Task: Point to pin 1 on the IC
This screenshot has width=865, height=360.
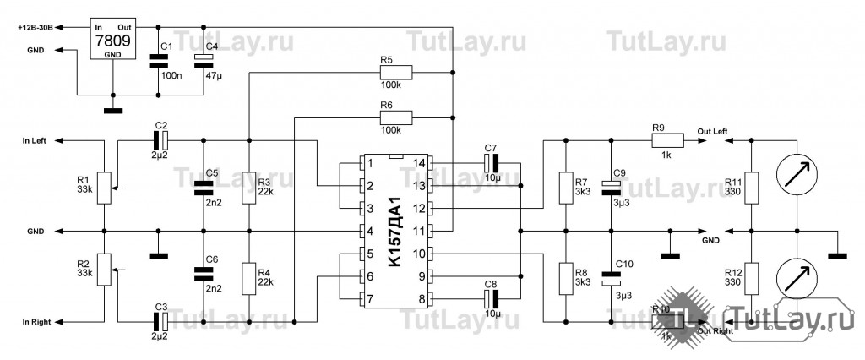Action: coord(368,162)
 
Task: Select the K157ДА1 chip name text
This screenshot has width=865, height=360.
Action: coord(394,231)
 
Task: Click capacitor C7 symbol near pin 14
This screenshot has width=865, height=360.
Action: coord(491,162)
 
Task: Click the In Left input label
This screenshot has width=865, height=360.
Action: coord(34,139)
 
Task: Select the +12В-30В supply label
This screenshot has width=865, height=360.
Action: coord(35,28)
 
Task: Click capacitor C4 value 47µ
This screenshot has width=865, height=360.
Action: coord(212,76)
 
